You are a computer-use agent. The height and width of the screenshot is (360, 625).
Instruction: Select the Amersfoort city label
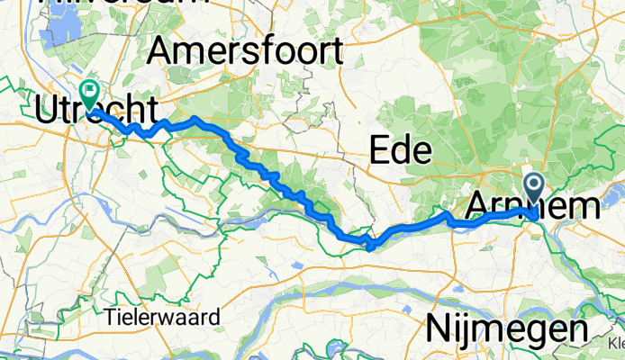point(246,51)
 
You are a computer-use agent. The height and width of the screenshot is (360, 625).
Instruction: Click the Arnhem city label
point(531,206)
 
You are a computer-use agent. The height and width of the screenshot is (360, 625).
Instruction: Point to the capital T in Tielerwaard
point(109,317)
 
